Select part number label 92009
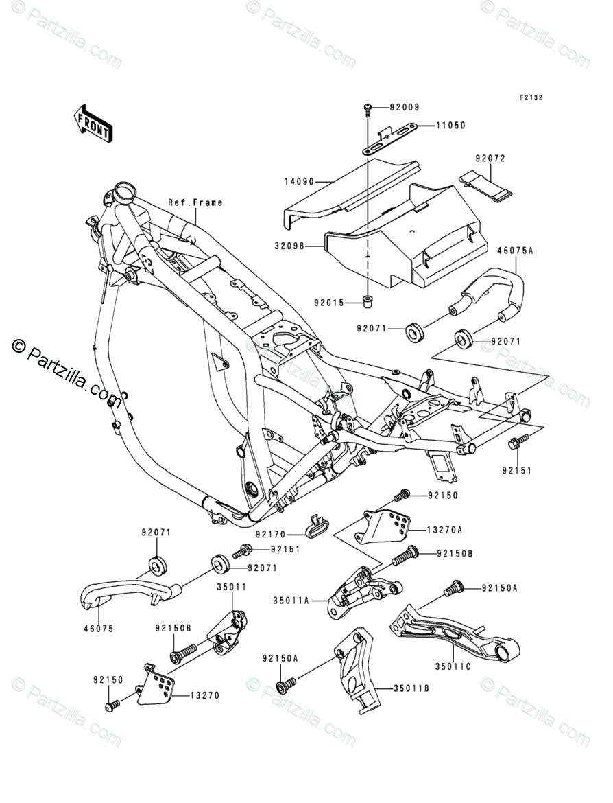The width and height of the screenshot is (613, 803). [x=405, y=108]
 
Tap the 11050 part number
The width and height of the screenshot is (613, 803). [x=450, y=125]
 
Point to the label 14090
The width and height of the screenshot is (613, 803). [x=300, y=181]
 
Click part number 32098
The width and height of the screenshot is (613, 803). [x=289, y=246]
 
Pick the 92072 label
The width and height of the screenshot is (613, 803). [x=490, y=159]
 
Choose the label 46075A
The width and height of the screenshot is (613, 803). [x=515, y=251]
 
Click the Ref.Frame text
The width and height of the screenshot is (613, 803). [x=195, y=202]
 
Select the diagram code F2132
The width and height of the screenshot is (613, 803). [x=531, y=97]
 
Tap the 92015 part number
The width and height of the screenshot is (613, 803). [x=329, y=303]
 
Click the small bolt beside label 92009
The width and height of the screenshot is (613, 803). [x=368, y=108]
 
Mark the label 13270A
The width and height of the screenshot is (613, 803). [x=444, y=530]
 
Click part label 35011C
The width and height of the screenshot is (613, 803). [x=453, y=666]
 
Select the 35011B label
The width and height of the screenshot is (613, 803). [x=411, y=688]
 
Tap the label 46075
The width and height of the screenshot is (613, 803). [x=98, y=629]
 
